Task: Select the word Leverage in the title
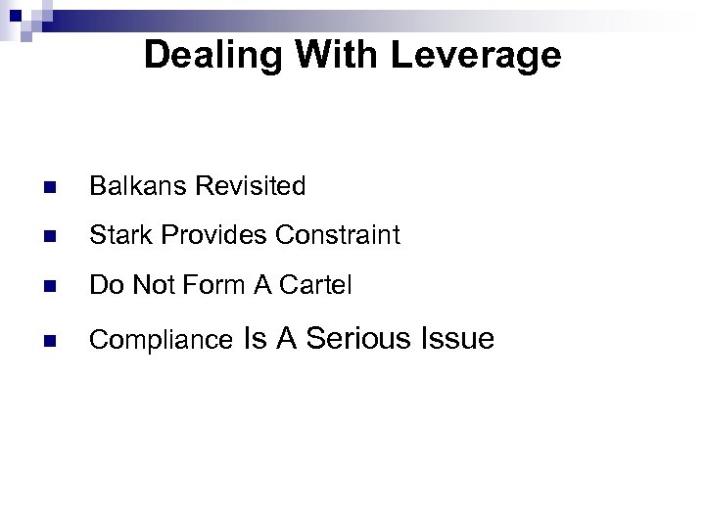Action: click(x=477, y=55)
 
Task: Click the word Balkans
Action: click(x=130, y=185)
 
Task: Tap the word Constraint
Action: click(x=338, y=236)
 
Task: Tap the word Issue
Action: click(x=456, y=339)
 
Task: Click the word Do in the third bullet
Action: click(x=104, y=287)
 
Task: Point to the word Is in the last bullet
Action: click(x=254, y=339)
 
